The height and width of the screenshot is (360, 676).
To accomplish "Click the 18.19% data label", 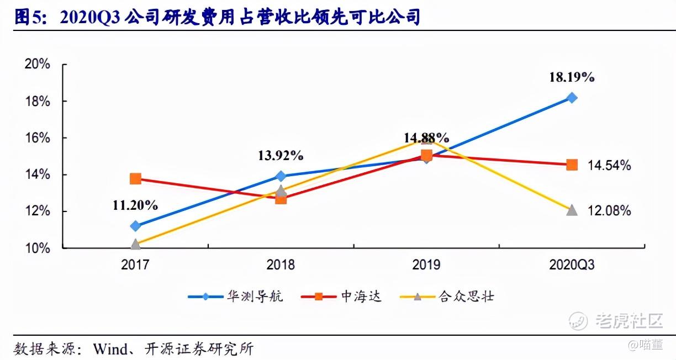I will pos(572,77).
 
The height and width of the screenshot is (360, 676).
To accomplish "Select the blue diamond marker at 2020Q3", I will pos(572,98).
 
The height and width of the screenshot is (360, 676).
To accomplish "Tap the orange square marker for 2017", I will pos(135,178).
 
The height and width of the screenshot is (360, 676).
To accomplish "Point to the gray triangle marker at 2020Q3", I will pos(572,210).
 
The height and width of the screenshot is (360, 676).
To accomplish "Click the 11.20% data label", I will pos(135,205).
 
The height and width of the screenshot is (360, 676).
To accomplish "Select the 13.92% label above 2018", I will pos(281,156).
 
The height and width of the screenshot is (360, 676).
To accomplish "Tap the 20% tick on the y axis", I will pos(38,64).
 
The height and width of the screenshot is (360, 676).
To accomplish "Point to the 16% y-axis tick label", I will pos(38,138).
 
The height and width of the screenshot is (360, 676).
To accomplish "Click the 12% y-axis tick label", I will pos(38,211).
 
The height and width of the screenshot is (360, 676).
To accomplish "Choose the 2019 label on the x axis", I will pos(426,265).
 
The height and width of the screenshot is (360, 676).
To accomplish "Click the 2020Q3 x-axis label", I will pos(572,265).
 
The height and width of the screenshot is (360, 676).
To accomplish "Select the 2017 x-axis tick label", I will pos(135,265).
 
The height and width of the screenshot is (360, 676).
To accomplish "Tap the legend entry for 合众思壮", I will pos(466,297).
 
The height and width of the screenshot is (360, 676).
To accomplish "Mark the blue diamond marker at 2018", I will pos(281,176).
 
